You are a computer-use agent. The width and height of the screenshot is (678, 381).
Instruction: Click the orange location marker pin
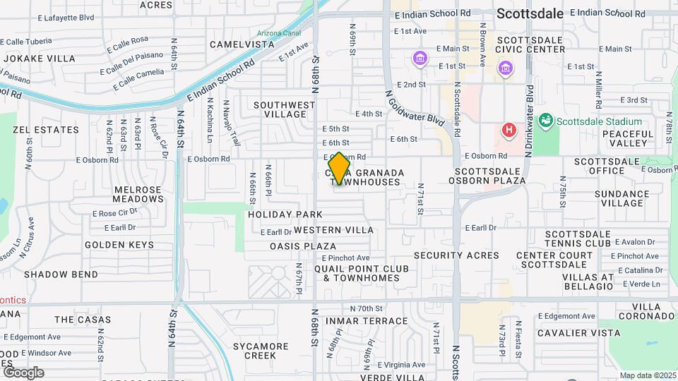[340, 169]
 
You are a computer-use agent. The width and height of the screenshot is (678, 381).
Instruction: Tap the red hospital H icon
[508, 130]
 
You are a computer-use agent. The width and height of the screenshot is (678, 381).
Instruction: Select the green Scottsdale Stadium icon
[545, 121]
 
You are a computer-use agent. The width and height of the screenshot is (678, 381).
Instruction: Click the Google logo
[23, 372]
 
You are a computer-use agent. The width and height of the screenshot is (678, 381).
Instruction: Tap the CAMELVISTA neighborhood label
[242, 44]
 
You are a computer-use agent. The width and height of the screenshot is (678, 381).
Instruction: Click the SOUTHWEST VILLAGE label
[285, 109]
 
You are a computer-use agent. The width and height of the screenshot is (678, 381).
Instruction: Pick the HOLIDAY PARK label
[285, 214]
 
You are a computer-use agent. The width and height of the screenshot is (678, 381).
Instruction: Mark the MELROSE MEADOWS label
[138, 195]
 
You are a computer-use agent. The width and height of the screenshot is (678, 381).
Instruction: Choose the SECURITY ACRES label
[456, 255]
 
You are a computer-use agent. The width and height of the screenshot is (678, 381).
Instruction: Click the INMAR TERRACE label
[357, 321]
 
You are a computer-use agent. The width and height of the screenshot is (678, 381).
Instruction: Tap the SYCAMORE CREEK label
[261, 351]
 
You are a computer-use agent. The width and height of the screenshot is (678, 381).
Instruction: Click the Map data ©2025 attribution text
[646, 375]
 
